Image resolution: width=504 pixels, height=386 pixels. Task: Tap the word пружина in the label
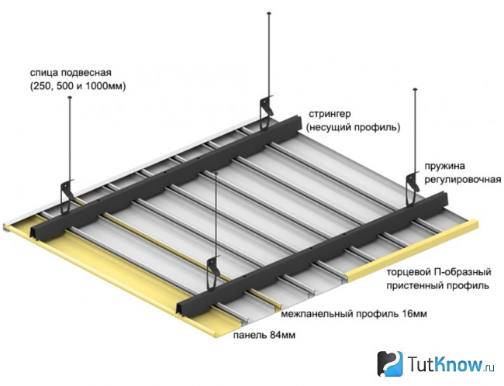coord(445,167)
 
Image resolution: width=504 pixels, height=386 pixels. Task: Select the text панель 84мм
coord(264,335)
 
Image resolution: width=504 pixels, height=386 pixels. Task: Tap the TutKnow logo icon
coord(389,364)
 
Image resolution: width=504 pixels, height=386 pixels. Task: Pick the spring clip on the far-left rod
coord(67,197)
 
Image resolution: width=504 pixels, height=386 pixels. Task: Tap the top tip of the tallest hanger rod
coord(269,13)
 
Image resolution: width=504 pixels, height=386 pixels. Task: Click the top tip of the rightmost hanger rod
coord(416,89)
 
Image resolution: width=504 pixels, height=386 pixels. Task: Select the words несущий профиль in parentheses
coord(354,128)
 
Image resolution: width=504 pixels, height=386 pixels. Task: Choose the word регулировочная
coord(463,180)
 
